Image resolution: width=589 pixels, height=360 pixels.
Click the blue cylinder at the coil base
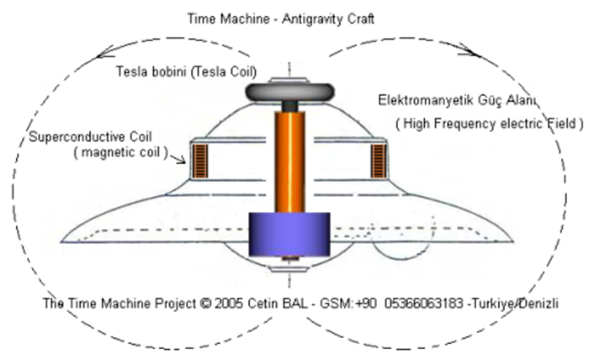pos(289,232)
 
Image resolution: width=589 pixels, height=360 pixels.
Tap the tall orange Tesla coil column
pos(289,160)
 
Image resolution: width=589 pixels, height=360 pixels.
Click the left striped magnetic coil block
pos(201,161)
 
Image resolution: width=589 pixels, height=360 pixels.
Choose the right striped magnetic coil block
pos(378,160)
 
